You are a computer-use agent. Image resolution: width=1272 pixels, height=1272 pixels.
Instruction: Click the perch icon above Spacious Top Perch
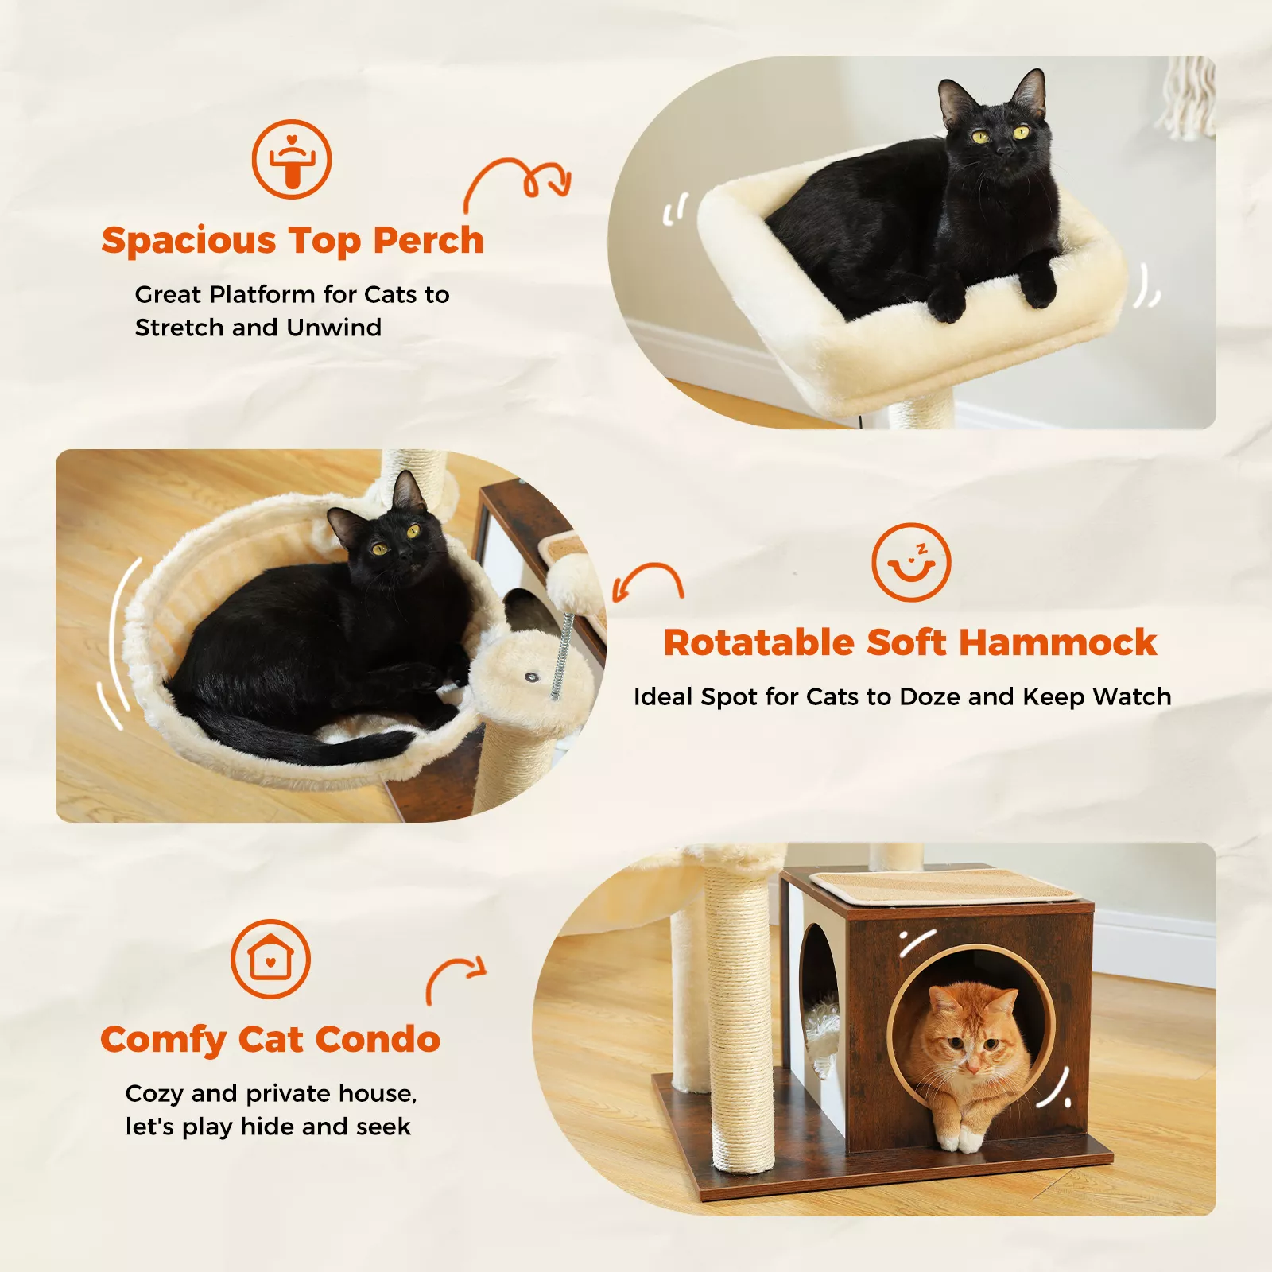(292, 159)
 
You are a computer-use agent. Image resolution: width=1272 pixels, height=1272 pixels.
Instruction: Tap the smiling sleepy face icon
(911, 562)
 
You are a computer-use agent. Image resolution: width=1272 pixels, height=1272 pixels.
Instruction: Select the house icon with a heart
(270, 959)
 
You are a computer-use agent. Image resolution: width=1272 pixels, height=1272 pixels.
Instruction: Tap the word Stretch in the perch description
(180, 328)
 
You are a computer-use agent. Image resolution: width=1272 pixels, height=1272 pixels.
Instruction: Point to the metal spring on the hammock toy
(564, 653)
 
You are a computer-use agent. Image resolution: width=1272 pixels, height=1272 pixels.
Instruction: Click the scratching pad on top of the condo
(942, 885)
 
